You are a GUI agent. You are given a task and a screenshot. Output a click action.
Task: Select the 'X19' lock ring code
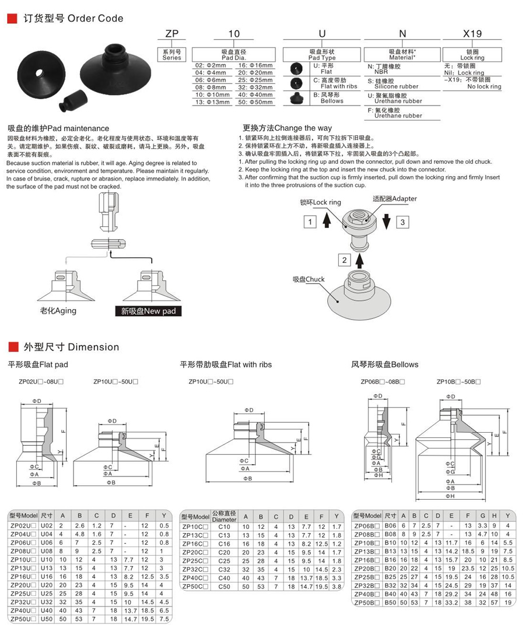click(472, 34)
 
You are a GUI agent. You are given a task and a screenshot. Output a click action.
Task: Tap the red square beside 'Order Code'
click(11, 19)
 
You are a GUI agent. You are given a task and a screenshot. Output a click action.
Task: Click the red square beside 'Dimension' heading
click(11, 347)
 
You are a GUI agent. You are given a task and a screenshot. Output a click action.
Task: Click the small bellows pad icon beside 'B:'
click(297, 97)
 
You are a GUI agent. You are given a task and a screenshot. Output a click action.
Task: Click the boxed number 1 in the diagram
click(311, 222)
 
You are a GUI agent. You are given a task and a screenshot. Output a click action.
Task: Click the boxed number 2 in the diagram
click(345, 260)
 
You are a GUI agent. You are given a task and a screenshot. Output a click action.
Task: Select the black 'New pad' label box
click(148, 311)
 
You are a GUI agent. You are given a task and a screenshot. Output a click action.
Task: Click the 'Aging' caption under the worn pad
click(58, 310)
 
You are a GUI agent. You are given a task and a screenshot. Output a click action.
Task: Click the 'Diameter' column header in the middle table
click(225, 519)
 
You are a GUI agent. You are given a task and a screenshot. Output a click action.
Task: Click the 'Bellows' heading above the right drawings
click(384, 364)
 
